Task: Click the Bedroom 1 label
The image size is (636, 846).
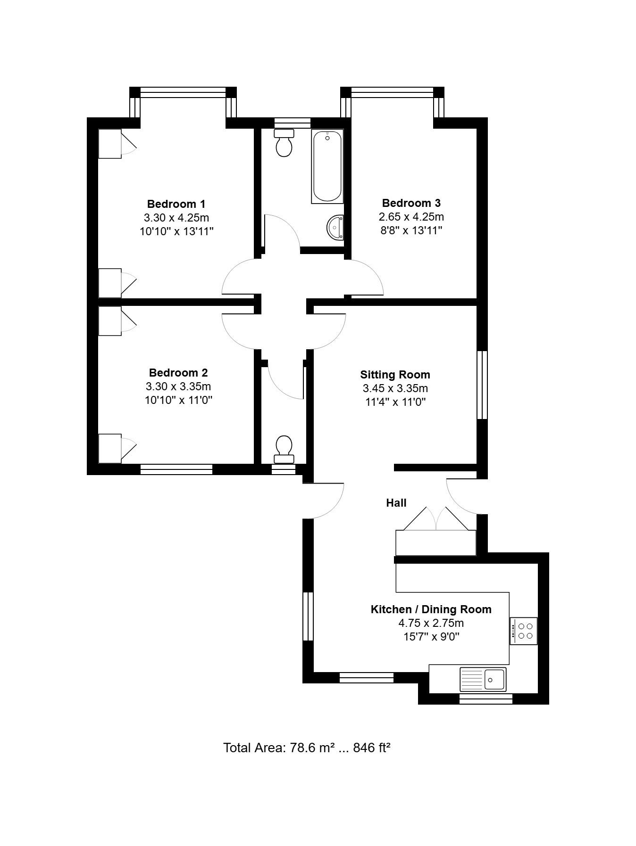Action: pyautogui.click(x=176, y=204)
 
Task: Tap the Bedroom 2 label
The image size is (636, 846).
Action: pyautogui.click(x=178, y=373)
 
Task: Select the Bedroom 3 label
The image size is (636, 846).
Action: pyautogui.click(x=411, y=203)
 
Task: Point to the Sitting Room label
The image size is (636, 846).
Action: pyautogui.click(x=395, y=375)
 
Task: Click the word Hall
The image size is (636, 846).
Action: pyautogui.click(x=396, y=503)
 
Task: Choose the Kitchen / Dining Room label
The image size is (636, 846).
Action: pyautogui.click(x=431, y=609)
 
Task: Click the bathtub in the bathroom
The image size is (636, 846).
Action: pyautogui.click(x=327, y=167)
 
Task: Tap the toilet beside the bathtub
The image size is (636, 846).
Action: pyautogui.click(x=284, y=142)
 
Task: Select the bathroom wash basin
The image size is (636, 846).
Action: pyautogui.click(x=336, y=227)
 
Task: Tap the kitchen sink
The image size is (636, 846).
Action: pyautogui.click(x=483, y=679)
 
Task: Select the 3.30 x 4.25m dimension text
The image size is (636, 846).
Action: pyautogui.click(x=176, y=218)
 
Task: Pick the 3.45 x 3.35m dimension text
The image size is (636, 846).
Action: pyautogui.click(x=395, y=388)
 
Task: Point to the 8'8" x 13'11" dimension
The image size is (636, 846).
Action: pyautogui.click(x=411, y=230)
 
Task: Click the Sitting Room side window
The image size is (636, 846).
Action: pyautogui.click(x=482, y=385)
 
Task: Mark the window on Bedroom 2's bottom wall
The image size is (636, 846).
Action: pyautogui.click(x=176, y=469)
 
